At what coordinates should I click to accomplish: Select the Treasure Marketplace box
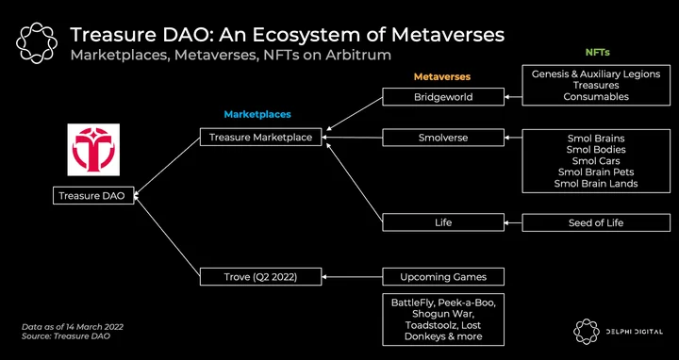[260, 137]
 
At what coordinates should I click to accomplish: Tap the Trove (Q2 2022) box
[260, 276]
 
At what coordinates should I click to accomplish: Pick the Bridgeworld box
[443, 96]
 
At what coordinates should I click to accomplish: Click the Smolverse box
[443, 138]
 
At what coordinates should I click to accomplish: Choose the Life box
[443, 222]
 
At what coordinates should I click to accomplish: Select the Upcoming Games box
[443, 276]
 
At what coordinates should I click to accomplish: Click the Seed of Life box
[596, 222]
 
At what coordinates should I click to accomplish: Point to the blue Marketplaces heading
[257, 115]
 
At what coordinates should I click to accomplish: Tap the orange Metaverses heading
[441, 77]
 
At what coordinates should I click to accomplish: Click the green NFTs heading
[598, 53]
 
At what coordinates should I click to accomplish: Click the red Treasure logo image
[93, 150]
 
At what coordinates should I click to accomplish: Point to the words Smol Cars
[596, 161]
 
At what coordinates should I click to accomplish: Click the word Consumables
[596, 96]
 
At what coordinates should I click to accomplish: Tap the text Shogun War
[443, 314]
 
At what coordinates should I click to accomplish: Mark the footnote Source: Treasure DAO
[66, 335]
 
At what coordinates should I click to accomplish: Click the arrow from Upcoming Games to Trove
[353, 277]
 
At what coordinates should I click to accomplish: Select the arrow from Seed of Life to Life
[513, 222]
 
